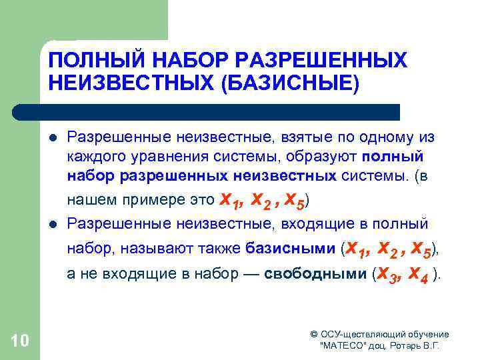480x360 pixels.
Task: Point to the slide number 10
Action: pyautogui.click(x=20, y=341)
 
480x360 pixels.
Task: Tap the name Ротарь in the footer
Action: pyautogui.click(x=403, y=347)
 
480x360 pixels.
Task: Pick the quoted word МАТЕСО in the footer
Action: pyautogui.click(x=344, y=347)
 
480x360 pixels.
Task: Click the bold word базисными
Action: pyautogui.click(x=290, y=249)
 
